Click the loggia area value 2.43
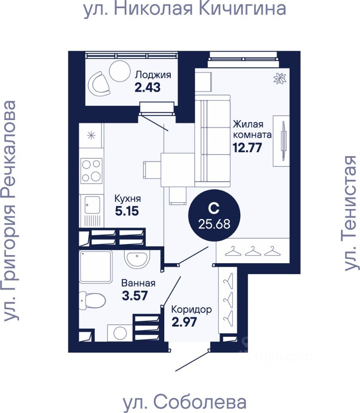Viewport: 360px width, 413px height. tap(148, 87)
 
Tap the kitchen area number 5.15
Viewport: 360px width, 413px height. tap(127, 212)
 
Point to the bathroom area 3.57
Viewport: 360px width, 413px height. tap(135, 296)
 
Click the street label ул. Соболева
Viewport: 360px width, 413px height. tap(185, 402)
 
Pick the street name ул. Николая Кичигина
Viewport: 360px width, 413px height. tap(185, 9)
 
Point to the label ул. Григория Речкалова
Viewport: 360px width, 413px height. tap(11, 211)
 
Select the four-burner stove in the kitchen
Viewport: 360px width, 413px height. tap(92, 170)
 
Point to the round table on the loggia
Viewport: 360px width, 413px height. tap(119, 70)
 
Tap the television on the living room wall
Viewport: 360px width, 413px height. tap(283, 141)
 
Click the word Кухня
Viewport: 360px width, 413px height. tap(127, 199)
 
